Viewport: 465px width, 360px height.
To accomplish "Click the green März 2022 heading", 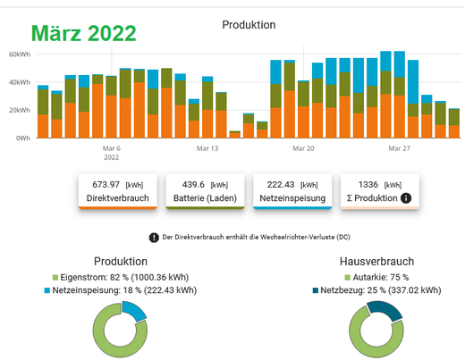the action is click(84, 33).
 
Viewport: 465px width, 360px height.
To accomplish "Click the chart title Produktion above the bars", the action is click(249, 25).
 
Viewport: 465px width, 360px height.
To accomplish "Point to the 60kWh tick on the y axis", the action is click(20, 54).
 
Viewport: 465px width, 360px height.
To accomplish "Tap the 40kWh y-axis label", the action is click(20, 82).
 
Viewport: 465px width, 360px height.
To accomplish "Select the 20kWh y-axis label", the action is click(20, 110).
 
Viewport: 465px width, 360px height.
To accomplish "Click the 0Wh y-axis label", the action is click(23, 138).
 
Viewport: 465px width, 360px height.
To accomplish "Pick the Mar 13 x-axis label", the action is click(207, 148).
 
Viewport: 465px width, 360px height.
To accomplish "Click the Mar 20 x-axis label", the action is click(303, 148).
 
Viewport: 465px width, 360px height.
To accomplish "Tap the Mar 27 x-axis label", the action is click(400, 148).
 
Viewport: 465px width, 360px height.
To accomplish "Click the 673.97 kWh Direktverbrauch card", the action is click(118, 191).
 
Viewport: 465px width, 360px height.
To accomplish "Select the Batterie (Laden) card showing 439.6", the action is click(205, 191).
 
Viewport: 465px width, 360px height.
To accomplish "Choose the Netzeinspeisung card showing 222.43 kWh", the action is click(292, 191).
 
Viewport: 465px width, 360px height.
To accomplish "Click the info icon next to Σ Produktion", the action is click(406, 198).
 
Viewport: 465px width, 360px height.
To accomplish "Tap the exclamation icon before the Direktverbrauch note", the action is click(154, 238).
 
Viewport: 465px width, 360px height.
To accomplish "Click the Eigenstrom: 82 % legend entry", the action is click(121, 278).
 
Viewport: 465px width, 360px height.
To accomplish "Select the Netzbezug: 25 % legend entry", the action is click(376, 290).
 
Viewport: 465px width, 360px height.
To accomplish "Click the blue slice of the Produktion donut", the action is click(134, 310).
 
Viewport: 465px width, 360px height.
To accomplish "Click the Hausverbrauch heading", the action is click(376, 262).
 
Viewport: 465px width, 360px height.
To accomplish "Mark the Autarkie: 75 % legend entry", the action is click(376, 278).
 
